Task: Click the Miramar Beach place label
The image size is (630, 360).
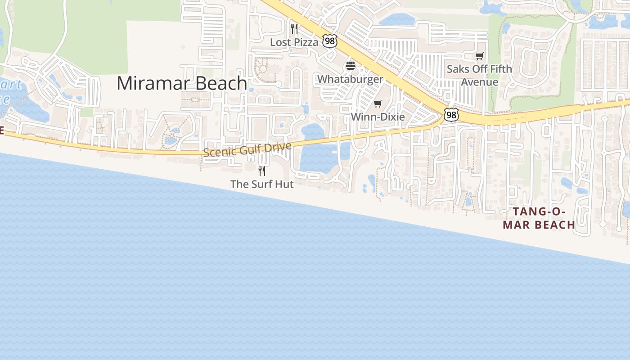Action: point(182,84)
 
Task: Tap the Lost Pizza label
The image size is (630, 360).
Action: point(294,42)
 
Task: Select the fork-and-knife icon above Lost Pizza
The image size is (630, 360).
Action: point(294,29)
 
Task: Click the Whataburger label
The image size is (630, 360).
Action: point(350,79)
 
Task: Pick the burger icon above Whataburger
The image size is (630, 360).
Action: point(350,66)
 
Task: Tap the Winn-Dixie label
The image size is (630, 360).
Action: point(378,117)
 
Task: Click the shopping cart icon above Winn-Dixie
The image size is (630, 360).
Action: point(378,104)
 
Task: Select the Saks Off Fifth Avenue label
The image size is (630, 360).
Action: point(479,75)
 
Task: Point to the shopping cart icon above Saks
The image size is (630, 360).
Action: point(479,56)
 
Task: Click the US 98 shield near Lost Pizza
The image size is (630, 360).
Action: point(330,41)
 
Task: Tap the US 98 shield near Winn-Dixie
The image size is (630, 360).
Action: point(451,115)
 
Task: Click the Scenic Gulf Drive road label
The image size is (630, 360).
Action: point(247,149)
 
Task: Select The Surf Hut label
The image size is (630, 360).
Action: point(262,184)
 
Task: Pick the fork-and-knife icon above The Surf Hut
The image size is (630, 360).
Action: point(262,171)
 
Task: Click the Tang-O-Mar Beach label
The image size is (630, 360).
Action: point(539,218)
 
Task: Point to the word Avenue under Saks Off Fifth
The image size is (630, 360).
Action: point(479,82)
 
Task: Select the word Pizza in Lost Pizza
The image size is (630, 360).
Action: point(306,42)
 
